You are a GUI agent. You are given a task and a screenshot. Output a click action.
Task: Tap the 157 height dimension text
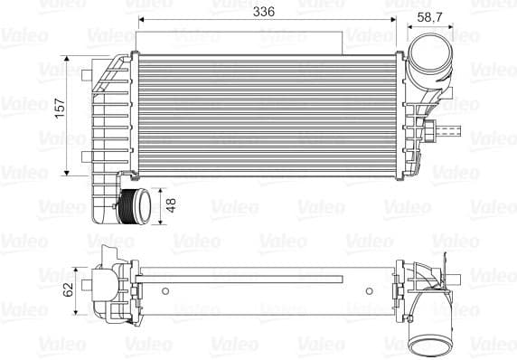(x=60, y=108)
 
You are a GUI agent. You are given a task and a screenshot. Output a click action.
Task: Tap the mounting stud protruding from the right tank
(x=448, y=131)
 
